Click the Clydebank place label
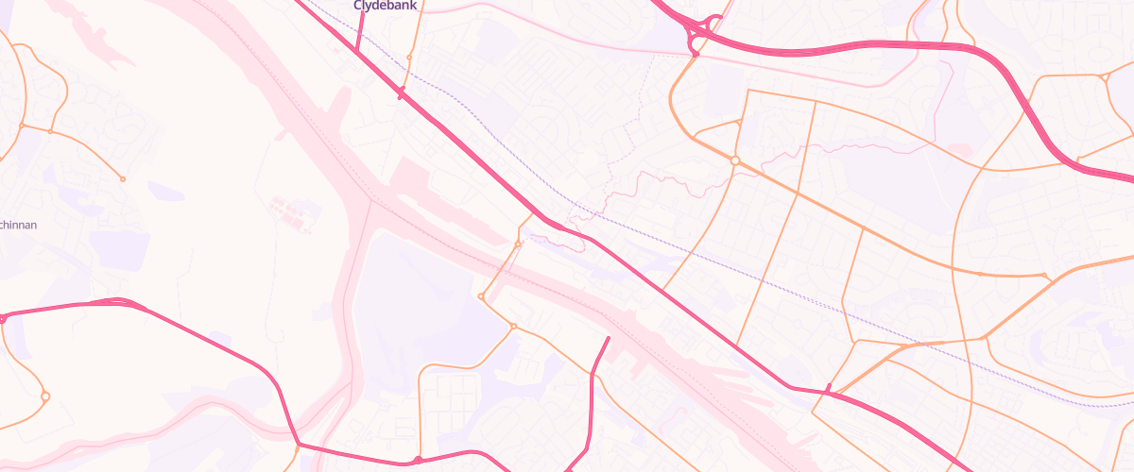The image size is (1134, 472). (x=385, y=6)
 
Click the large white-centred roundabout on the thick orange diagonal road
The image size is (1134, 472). (x=734, y=161)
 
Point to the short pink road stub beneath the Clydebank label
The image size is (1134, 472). (x=361, y=28)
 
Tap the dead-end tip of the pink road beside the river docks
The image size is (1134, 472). (x=608, y=338)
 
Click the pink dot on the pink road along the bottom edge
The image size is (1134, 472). (x=418, y=461)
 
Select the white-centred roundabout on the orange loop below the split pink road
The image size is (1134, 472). (x=44, y=396)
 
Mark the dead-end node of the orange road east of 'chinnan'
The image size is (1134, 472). (x=122, y=179)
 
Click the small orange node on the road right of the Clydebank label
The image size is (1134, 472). (x=408, y=58)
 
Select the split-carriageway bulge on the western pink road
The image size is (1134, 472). (x=118, y=302)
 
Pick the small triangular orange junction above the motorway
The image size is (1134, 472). (x=1104, y=77)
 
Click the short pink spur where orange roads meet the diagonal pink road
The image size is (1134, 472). (x=828, y=387)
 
